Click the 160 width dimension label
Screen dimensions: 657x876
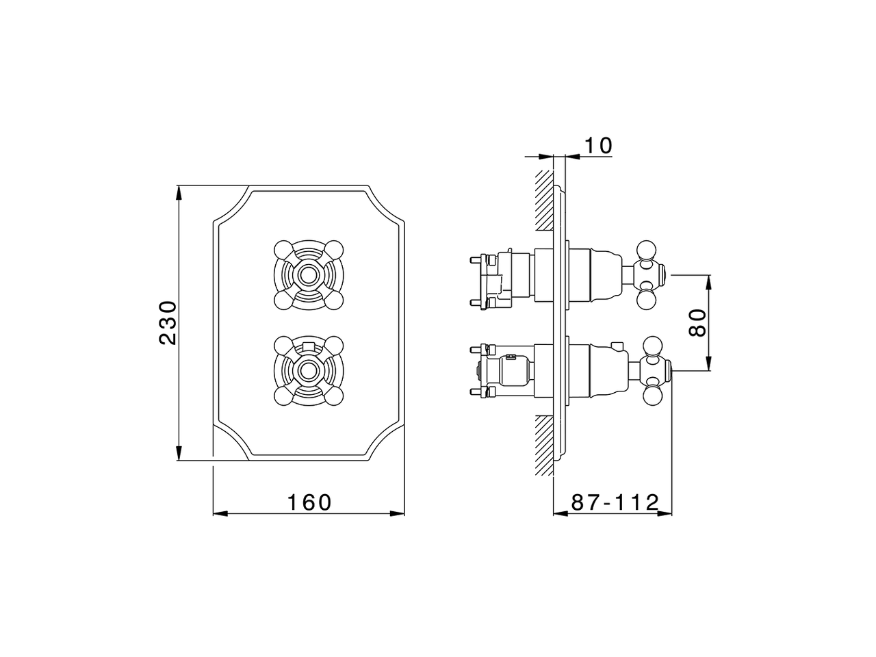pyautogui.click(x=309, y=502)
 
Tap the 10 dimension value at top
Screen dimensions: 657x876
pyautogui.click(x=597, y=146)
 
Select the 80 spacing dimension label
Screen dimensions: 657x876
pyautogui.click(x=697, y=322)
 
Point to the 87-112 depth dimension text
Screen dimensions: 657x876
pyautogui.click(x=615, y=502)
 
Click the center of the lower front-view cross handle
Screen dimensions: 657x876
pyautogui.click(x=307, y=371)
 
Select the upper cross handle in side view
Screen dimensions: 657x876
pyautogui.click(x=647, y=274)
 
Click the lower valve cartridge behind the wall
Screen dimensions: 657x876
pyautogui.click(x=506, y=371)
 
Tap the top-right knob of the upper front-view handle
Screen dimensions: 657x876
pyautogui.click(x=334, y=248)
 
